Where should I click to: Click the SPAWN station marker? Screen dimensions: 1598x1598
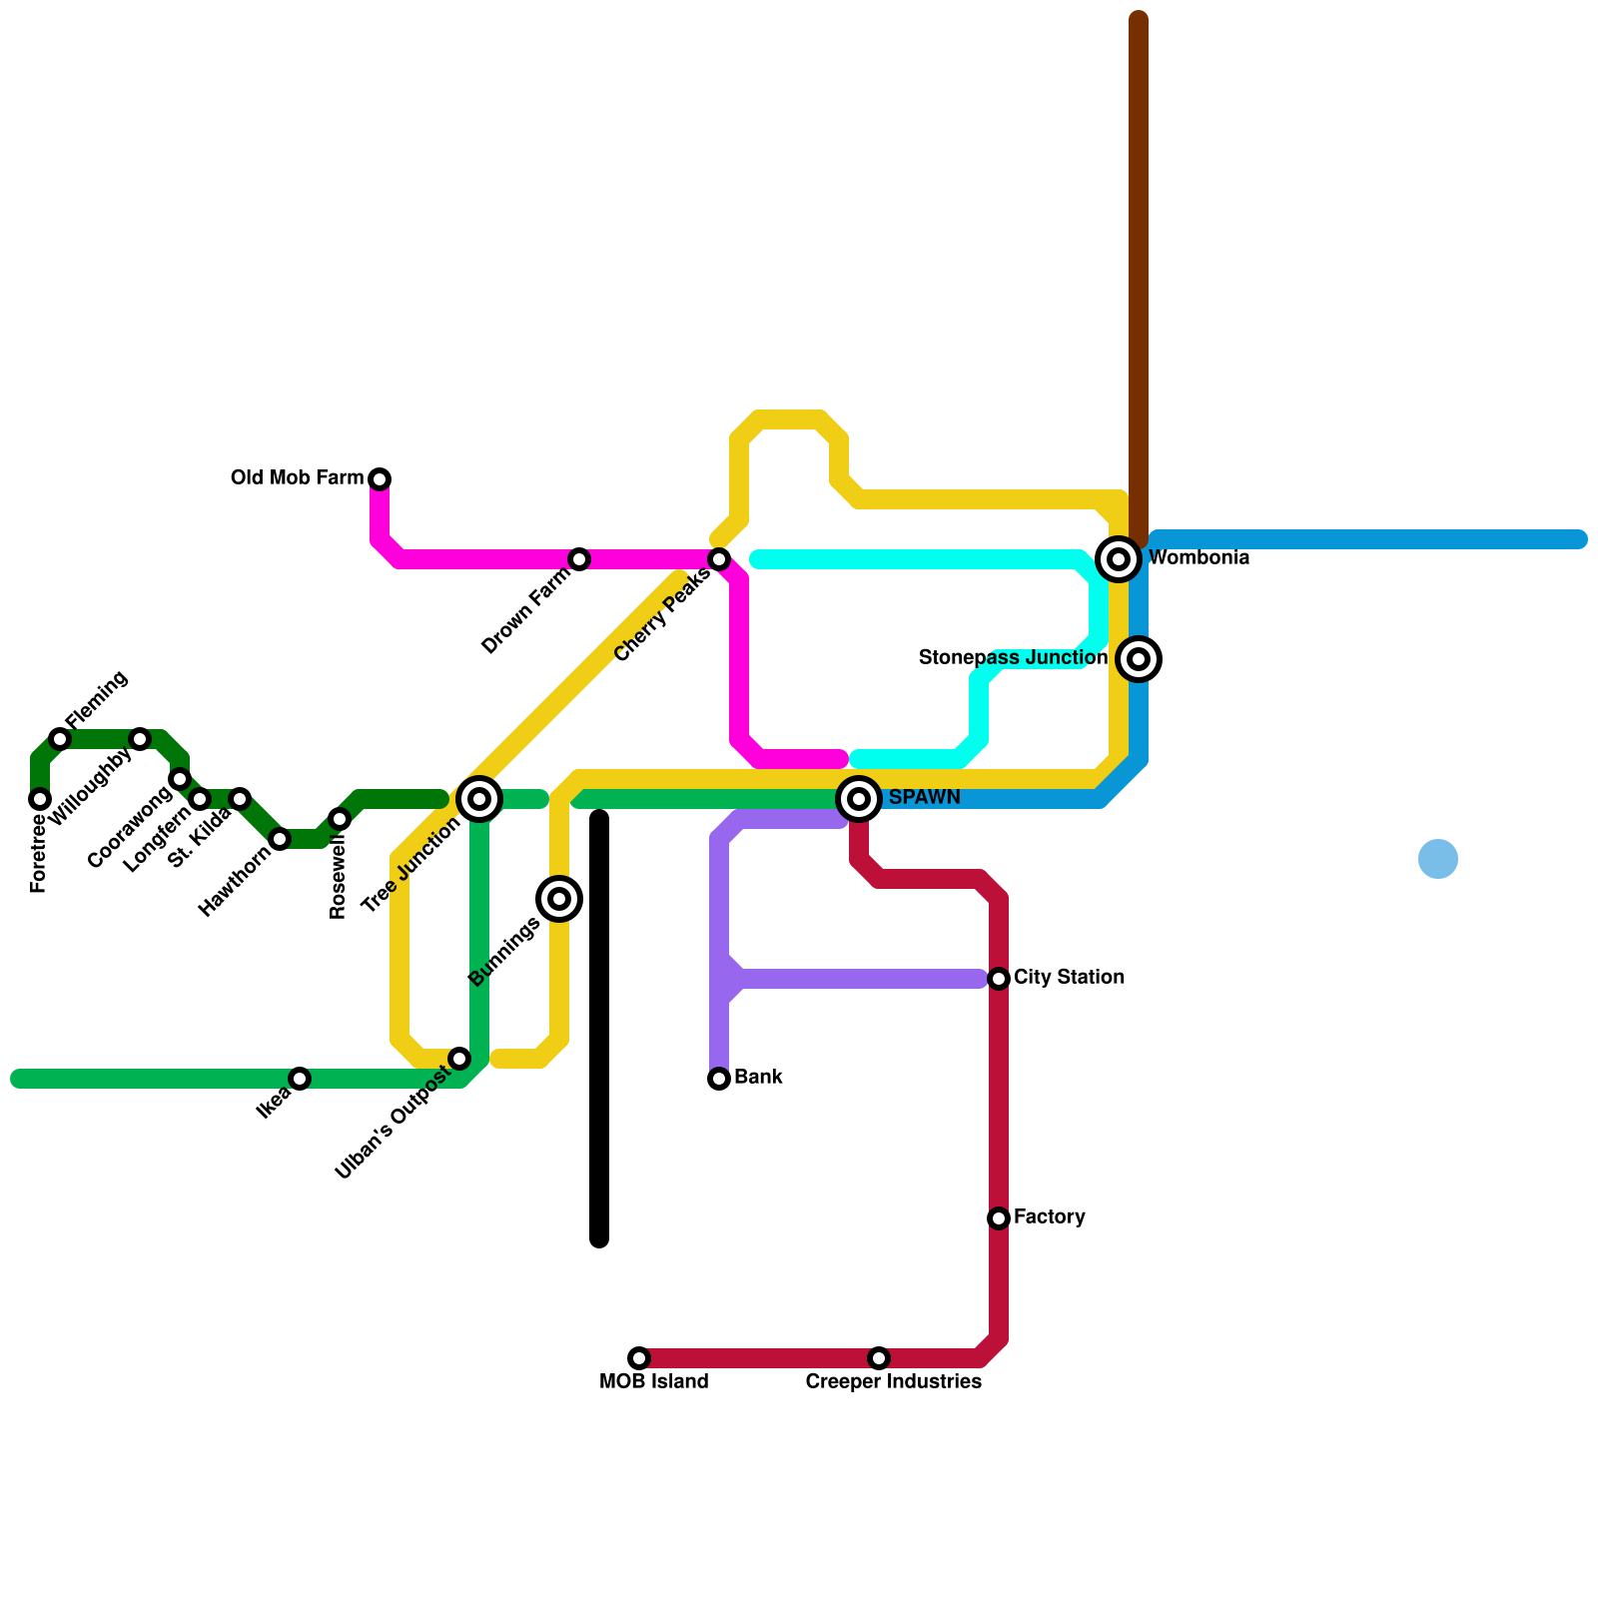[859, 799]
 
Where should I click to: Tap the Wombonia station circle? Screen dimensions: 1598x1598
[1119, 559]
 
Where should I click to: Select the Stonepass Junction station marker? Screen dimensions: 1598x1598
[1139, 659]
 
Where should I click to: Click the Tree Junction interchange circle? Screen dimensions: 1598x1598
[479, 799]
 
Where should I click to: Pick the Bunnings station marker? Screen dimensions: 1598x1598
[559, 899]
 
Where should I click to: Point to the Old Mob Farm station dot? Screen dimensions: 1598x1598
[380, 479]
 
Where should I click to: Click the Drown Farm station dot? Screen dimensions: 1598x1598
[579, 559]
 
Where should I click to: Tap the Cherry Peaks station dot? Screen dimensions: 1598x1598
[719, 559]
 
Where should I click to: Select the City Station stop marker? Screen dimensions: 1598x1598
[999, 979]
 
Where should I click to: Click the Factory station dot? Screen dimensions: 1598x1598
[999, 1218]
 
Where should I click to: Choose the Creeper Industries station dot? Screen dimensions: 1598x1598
[879, 1358]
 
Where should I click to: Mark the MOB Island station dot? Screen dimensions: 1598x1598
[639, 1358]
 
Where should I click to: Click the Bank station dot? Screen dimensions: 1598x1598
[719, 1079]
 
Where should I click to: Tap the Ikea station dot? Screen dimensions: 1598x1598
[300, 1079]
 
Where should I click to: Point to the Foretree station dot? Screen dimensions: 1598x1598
[40, 799]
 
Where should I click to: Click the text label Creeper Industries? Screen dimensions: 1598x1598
[893, 1382]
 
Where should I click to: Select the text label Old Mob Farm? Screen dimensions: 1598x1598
[297, 478]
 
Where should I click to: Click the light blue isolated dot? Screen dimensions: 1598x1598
[1438, 859]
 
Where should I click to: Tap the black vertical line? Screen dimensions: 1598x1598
[599, 1029]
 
